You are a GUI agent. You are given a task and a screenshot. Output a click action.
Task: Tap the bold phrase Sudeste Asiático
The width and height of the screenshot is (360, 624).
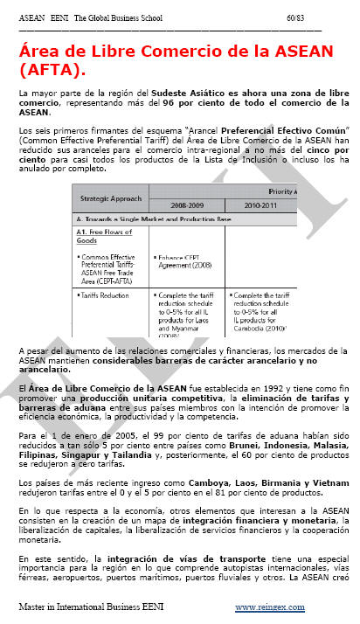206,91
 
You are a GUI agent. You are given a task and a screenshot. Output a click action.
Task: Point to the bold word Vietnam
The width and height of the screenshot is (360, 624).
327,482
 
